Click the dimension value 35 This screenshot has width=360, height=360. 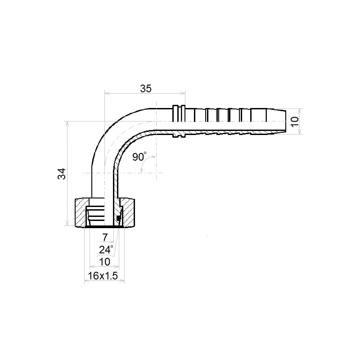tap(146, 89)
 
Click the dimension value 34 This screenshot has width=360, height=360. tap(62, 174)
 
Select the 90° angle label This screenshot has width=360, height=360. tap(139, 157)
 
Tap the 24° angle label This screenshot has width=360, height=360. tap(106, 250)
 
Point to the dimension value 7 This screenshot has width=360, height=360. tap(105, 238)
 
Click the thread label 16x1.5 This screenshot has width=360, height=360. tap(103, 276)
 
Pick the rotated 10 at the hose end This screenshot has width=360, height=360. tap(295, 121)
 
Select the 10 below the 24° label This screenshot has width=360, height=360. tap(104, 262)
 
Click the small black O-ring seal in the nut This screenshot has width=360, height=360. tap(118, 218)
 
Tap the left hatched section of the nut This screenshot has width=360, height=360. tap(81, 213)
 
